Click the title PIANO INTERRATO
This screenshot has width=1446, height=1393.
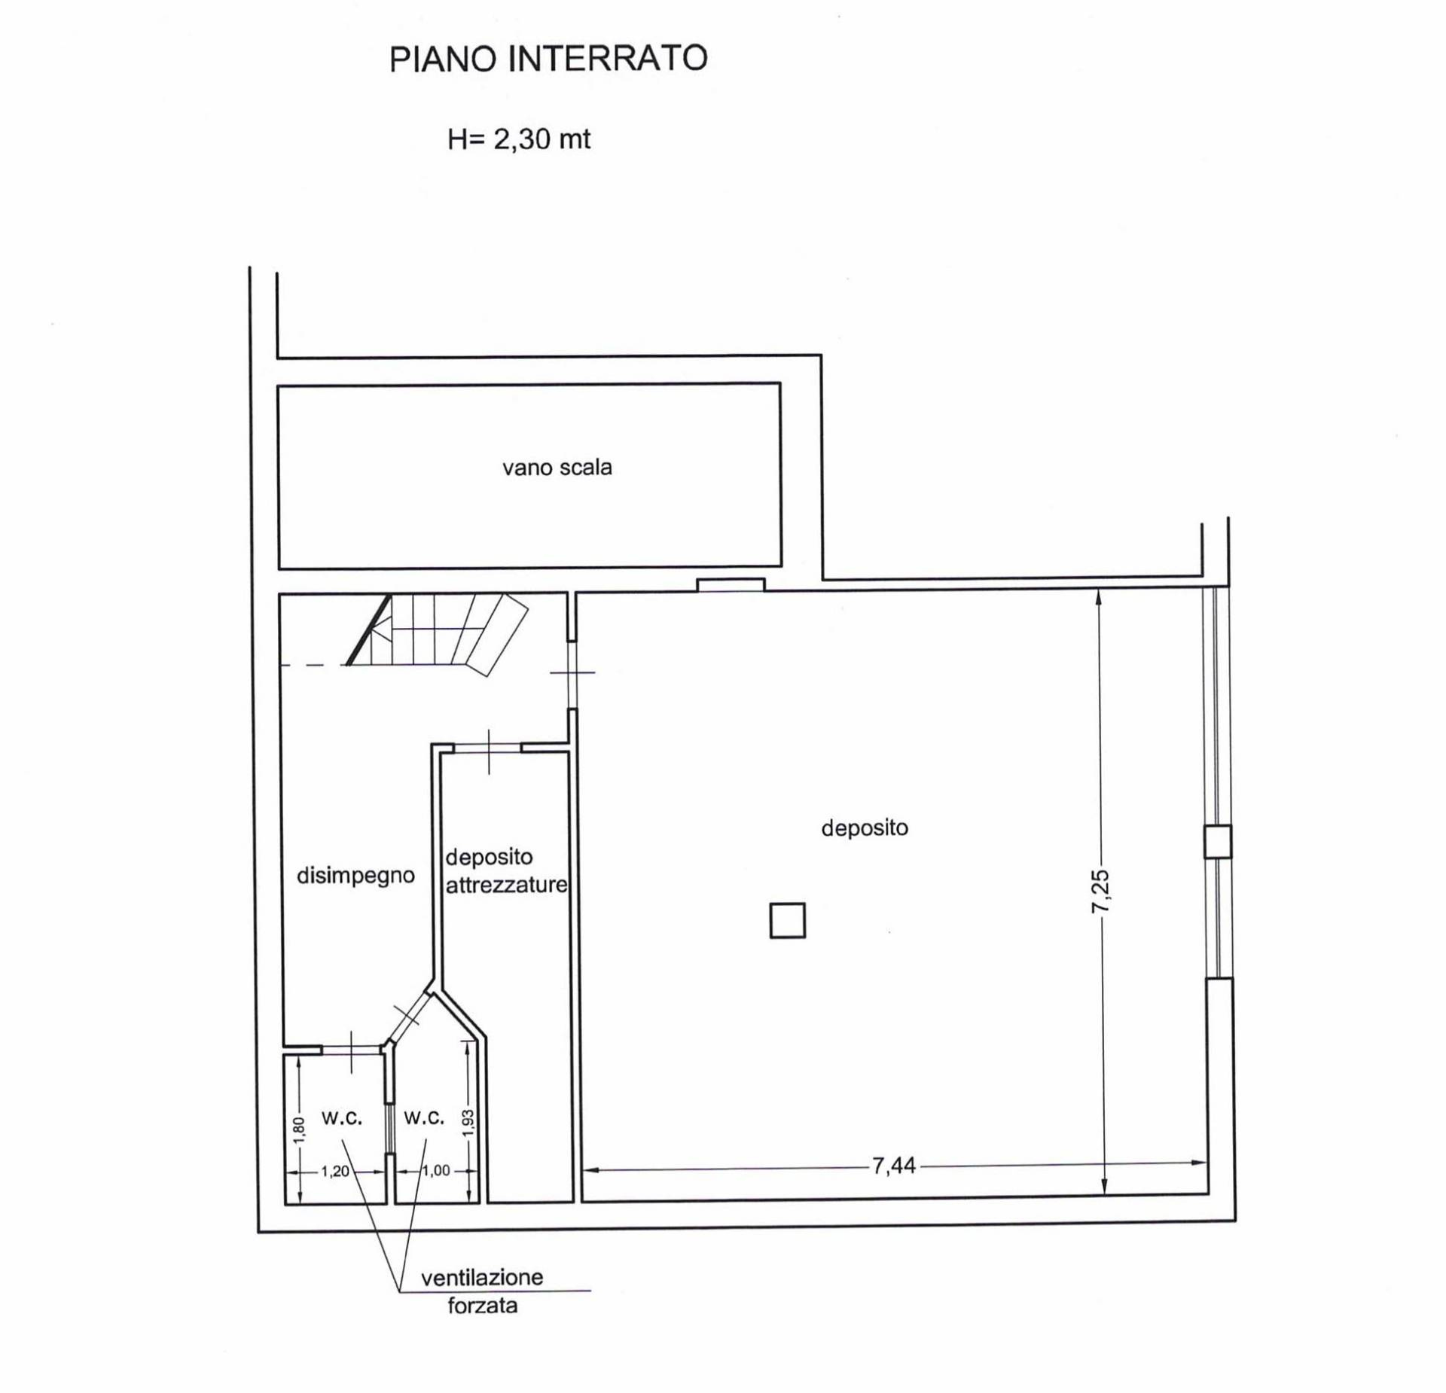tap(548, 59)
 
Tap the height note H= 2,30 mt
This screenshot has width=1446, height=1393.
tap(519, 139)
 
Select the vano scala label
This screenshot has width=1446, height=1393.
tap(557, 468)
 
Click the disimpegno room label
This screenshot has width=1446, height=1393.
tap(355, 876)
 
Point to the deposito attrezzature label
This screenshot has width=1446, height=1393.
tap(506, 871)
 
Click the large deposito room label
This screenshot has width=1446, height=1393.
tap(865, 828)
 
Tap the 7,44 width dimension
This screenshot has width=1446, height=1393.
tap(894, 1166)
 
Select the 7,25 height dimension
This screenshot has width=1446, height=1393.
tap(1100, 892)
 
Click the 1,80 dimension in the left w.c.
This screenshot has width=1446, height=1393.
tap(298, 1130)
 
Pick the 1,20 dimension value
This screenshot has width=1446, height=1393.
tap(335, 1172)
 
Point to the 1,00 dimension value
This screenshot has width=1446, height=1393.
tap(436, 1171)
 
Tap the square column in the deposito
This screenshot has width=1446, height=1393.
tap(788, 920)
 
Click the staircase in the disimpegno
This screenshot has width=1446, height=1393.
tap(437, 632)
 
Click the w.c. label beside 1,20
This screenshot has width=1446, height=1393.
tap(342, 1118)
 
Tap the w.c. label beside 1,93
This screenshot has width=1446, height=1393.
tap(424, 1118)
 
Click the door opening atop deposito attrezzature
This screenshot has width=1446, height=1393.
tap(488, 748)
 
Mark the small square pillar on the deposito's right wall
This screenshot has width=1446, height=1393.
tap(1218, 842)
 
